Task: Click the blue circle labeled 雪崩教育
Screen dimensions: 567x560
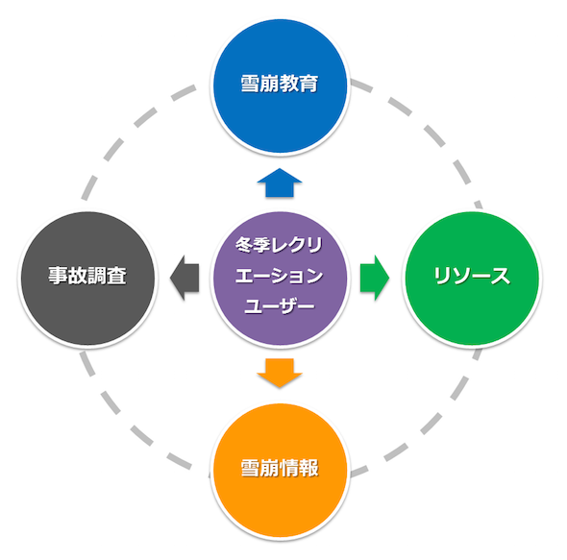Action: [281, 86]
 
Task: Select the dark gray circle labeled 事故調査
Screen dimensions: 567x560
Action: [87, 278]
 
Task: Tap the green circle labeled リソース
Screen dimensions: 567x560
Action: [472, 278]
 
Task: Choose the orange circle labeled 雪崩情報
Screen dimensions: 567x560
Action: [281, 471]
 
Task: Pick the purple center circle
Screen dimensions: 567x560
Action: [281, 278]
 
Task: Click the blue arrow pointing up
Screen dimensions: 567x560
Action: [280, 183]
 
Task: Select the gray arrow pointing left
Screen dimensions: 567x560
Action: [185, 278]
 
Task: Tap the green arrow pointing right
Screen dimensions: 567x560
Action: [375, 278]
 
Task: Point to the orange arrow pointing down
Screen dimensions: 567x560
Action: [280, 373]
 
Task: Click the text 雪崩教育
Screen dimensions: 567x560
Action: [280, 84]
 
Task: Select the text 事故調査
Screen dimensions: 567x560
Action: [87, 276]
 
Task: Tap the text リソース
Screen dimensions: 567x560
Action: [472, 276]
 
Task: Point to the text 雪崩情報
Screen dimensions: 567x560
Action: [280, 468]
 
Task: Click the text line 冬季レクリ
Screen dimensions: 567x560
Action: [279, 245]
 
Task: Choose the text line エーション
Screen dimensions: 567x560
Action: [279, 276]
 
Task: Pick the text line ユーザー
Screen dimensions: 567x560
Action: [279, 306]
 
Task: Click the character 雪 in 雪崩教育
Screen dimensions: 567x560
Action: [251, 84]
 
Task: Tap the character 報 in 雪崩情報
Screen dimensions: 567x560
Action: [308, 468]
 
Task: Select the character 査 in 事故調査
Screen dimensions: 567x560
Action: [117, 276]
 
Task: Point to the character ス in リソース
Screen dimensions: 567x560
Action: [501, 276]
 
